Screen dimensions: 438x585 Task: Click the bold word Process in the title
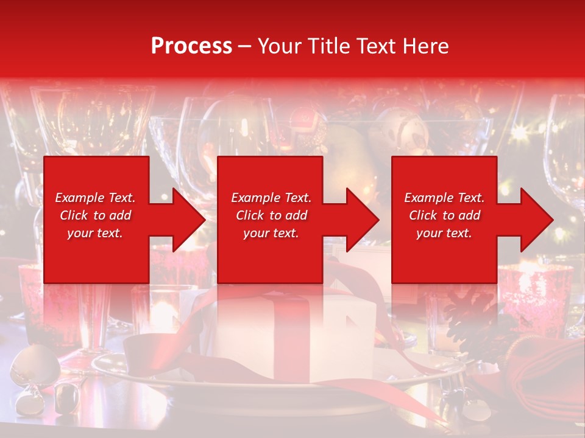pos(191,46)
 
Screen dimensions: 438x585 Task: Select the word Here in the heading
pos(426,46)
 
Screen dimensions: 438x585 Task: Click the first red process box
pos(96,255)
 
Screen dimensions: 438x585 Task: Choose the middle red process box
pos(270,255)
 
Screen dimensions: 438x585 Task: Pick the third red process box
pos(444,255)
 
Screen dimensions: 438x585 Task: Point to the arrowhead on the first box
pos(186,220)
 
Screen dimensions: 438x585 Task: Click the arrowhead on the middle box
pos(360,220)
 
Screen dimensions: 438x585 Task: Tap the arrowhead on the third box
pos(534,220)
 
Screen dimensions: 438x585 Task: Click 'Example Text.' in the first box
pos(95,198)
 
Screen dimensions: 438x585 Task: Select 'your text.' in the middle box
pos(271,233)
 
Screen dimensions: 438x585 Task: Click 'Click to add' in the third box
pos(444,215)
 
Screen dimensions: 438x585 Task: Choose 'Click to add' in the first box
pos(95,215)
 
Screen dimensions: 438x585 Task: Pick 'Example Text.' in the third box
pos(444,198)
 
